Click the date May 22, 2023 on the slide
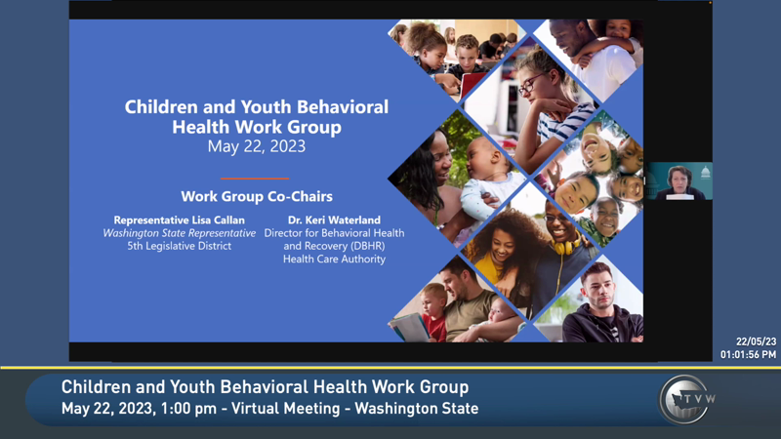[x=256, y=147]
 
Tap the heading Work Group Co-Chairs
[x=256, y=196]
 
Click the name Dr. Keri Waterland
[x=334, y=220]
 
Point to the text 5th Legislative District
[x=179, y=246]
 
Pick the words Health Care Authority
[x=334, y=259]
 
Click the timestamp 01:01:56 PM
[x=749, y=354]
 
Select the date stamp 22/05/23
[x=756, y=341]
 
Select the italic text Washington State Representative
[x=179, y=233]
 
